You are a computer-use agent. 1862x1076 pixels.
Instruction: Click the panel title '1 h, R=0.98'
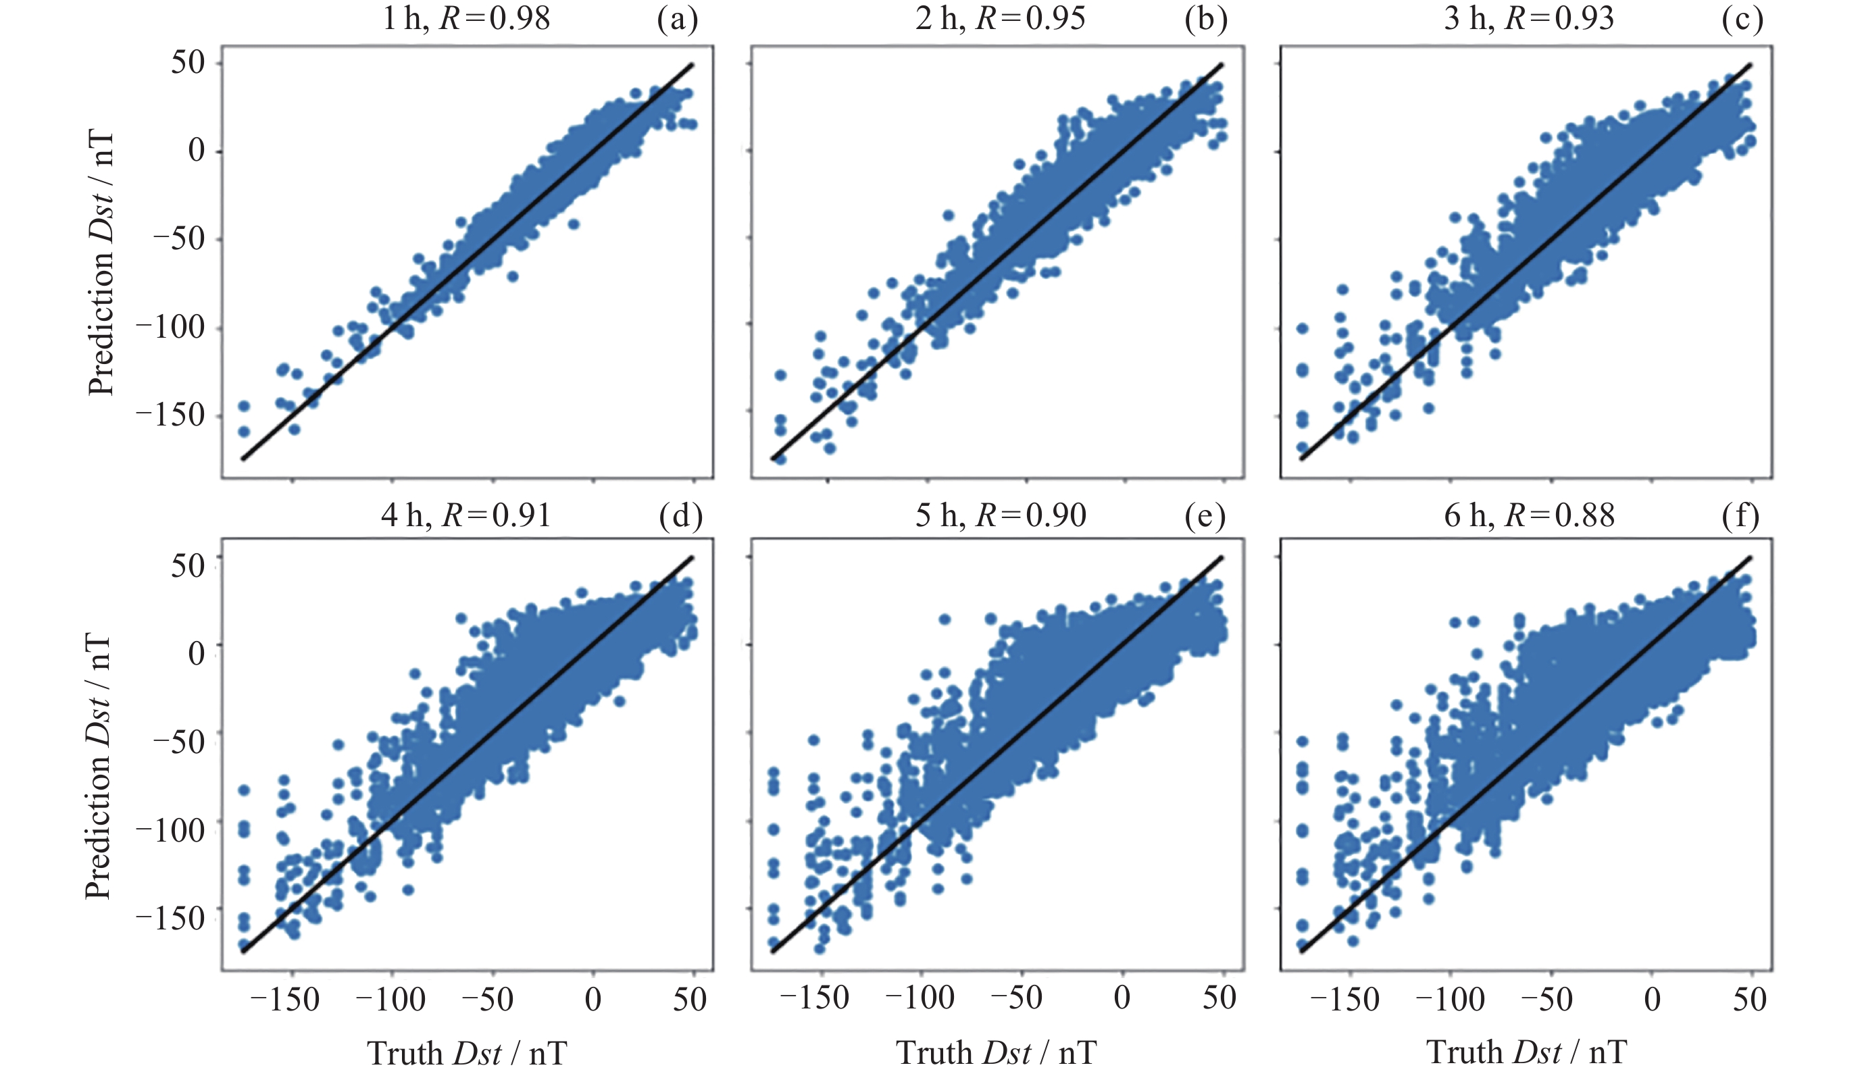(466, 18)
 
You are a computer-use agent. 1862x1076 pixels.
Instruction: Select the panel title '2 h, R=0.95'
(1001, 18)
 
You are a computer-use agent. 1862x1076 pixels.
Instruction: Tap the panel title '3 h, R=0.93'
(1530, 18)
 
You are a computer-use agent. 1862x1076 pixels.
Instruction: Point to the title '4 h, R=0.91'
(466, 515)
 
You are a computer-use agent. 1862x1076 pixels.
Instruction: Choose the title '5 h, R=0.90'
(1001, 515)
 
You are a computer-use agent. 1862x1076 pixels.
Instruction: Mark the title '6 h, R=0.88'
(1530, 515)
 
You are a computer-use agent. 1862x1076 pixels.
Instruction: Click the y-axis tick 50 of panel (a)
(188, 63)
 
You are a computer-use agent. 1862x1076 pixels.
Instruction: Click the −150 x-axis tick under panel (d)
(285, 1000)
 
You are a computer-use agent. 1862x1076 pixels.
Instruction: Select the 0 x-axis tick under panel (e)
(1122, 998)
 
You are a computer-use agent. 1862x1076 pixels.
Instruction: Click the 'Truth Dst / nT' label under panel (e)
(996, 1052)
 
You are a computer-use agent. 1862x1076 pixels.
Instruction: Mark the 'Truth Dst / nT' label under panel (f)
(1526, 1052)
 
